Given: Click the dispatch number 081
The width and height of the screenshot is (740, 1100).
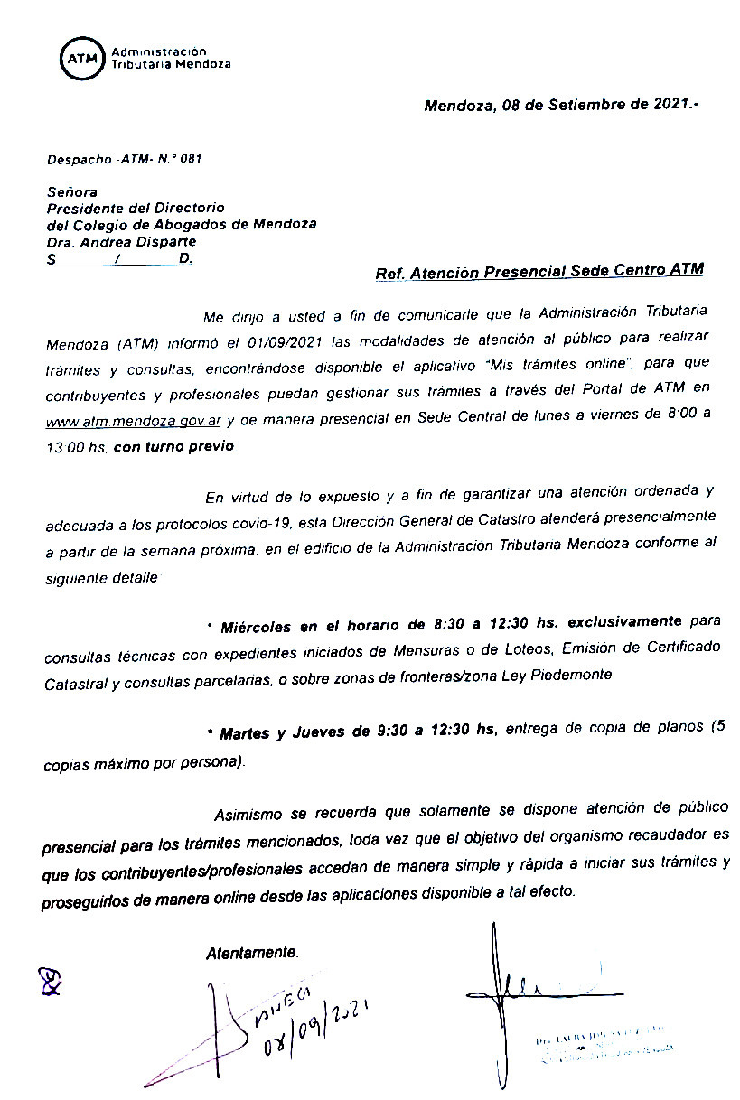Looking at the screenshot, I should tap(191, 159).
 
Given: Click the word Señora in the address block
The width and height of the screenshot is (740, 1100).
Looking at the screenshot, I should tap(71, 191).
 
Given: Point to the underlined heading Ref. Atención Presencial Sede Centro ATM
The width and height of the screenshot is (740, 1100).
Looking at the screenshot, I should tap(539, 271).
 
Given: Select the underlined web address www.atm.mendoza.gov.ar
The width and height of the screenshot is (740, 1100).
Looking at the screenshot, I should tap(134, 422).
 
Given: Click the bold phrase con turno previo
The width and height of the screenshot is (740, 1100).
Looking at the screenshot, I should tap(173, 447).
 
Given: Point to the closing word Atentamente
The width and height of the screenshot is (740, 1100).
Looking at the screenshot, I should tap(252, 953).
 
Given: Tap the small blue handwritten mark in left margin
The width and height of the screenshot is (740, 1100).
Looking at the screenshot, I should tap(51, 981).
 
